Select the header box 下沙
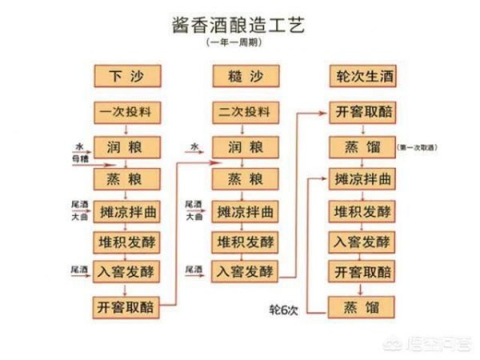127,77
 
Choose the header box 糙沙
244,77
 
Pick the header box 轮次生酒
362,77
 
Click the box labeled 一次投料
127,113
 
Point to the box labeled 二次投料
244,113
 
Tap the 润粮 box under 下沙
127,147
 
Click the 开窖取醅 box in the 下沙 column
127,306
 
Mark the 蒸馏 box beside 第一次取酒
362,147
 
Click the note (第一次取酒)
422,148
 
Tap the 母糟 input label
80,161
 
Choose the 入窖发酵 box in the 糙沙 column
244,271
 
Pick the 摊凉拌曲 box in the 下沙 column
127,211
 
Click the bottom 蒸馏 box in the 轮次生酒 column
362,306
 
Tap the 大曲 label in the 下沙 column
78,216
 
